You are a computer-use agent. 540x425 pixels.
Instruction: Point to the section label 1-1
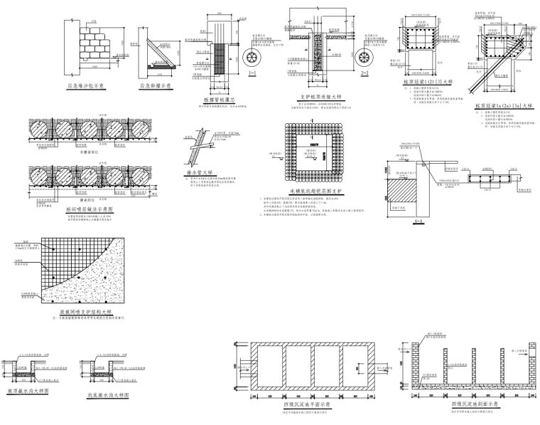[x=252, y=73]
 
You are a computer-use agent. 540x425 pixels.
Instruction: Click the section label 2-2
[x=364, y=73]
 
